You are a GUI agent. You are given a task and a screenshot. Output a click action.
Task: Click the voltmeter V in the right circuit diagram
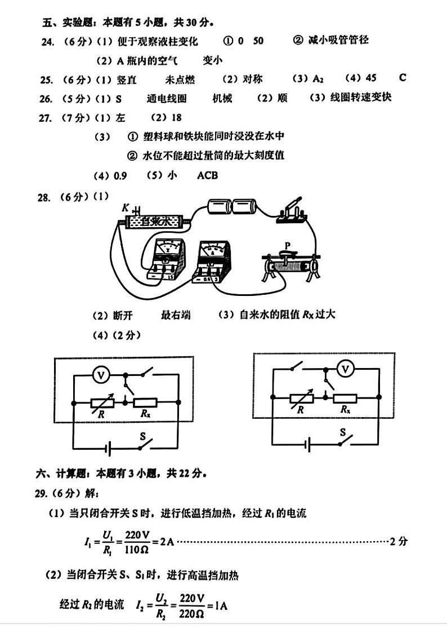[345, 369]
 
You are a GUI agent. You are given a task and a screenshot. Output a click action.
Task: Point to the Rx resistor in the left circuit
[145, 402]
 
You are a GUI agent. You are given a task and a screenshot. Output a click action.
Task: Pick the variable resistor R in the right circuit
[302, 399]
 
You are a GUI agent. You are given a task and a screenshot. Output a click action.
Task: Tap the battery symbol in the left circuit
[108, 448]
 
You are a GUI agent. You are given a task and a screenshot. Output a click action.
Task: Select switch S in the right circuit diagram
[345, 440]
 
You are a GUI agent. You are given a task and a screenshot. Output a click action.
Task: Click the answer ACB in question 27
[207, 176]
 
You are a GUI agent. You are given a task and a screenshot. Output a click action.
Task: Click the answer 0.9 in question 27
[120, 176]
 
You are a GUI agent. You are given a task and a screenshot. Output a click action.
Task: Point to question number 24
[47, 42]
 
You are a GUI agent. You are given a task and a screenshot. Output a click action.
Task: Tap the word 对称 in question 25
[253, 79]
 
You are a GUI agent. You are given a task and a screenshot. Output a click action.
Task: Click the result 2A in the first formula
[167, 541]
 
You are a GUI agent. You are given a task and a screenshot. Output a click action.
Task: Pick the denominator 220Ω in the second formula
[191, 614]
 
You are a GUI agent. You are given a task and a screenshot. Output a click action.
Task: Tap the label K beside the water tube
[126, 207]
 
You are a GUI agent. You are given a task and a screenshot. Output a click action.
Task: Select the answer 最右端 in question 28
[176, 315]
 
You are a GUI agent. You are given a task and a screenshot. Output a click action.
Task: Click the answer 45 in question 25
[371, 78]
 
